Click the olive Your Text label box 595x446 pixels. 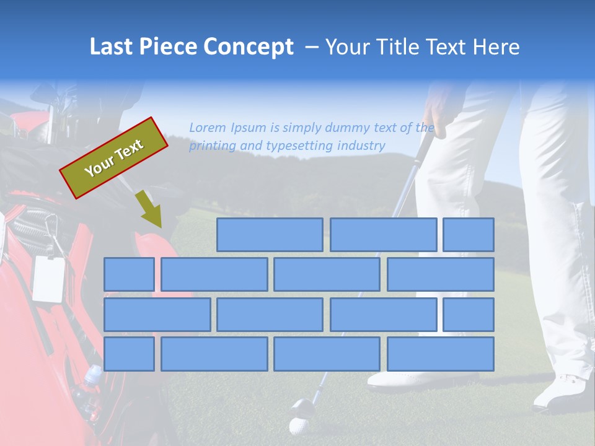114,158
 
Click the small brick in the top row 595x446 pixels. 469,235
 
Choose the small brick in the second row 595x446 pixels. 129,274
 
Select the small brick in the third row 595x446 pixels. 469,314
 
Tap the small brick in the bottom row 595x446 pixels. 129,354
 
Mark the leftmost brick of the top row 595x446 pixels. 270,235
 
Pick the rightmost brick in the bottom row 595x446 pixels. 441,354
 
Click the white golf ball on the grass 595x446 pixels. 299,427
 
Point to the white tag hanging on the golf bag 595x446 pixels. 49,278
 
